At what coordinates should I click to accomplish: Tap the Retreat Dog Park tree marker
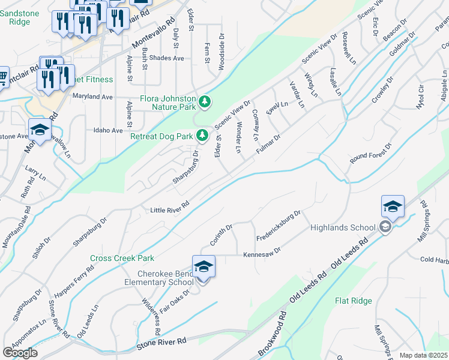pos(203,136)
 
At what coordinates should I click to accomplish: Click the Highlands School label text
pos(343,227)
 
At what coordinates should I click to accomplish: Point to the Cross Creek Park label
pos(122,259)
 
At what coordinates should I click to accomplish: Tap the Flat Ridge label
pos(354,301)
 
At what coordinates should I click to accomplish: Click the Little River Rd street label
pos(170,210)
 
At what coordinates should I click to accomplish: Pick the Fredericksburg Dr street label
pos(277,223)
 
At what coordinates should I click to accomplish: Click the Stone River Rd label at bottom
pos(161,340)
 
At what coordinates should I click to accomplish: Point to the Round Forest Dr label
pos(371,155)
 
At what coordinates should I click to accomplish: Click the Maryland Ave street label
pos(92,96)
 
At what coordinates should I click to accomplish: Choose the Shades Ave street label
pos(167,58)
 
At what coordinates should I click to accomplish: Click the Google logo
pos(20,352)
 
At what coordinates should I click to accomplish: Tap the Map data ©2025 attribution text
pos(423,355)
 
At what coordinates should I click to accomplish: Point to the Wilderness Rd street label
pos(151,317)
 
